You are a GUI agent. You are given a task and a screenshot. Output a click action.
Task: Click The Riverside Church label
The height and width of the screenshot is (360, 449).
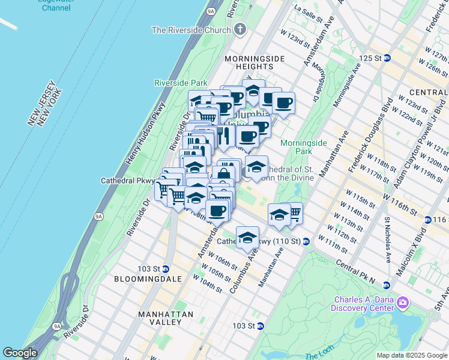pos(191,30)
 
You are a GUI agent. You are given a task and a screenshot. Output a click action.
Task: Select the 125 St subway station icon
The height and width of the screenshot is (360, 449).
pos(387,58)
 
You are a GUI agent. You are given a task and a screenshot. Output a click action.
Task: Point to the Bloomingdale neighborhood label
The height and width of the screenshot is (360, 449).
pos(139,279)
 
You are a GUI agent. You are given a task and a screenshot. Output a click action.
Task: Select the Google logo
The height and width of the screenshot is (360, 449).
pos(20,353)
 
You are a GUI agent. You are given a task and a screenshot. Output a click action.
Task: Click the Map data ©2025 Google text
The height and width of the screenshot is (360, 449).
pos(411,355)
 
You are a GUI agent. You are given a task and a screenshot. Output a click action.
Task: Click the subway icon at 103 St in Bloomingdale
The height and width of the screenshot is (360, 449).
pos(166,268)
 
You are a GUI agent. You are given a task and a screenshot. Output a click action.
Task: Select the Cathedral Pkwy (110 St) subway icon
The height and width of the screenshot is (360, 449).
pos(306,242)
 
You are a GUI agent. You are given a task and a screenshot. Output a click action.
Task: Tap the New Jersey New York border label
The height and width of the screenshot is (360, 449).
pos(46,103)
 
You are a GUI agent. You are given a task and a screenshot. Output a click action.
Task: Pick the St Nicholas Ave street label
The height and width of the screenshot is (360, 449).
pos(388,241)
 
